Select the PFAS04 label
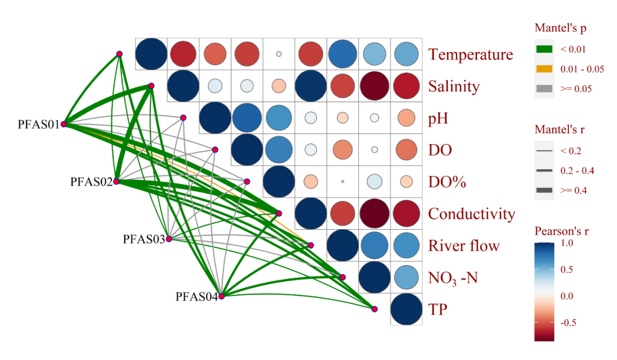(x=197, y=297)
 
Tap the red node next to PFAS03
(x=169, y=239)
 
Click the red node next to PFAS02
(x=116, y=182)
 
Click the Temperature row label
(x=471, y=54)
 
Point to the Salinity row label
(x=454, y=86)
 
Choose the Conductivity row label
(x=471, y=214)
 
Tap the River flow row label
(x=464, y=246)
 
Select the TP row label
(x=438, y=310)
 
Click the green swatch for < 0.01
(x=544, y=49)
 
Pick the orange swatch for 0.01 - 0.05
(x=544, y=69)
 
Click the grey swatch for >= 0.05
(x=544, y=89)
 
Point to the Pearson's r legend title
(x=562, y=231)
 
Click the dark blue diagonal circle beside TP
(x=406, y=309)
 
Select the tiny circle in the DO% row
(x=342, y=182)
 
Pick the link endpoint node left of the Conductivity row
(x=279, y=214)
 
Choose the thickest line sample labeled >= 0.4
(x=544, y=190)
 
